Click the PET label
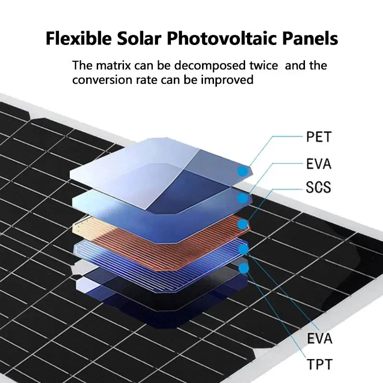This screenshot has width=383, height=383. [x=319, y=137]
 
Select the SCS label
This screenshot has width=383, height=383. [x=319, y=187]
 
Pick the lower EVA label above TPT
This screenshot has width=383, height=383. [x=319, y=339]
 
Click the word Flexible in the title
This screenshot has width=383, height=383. [x=75, y=38]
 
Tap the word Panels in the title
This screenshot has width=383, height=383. [x=309, y=38]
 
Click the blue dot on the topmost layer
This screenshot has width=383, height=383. [x=244, y=170]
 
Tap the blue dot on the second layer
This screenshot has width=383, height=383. [x=244, y=198]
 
